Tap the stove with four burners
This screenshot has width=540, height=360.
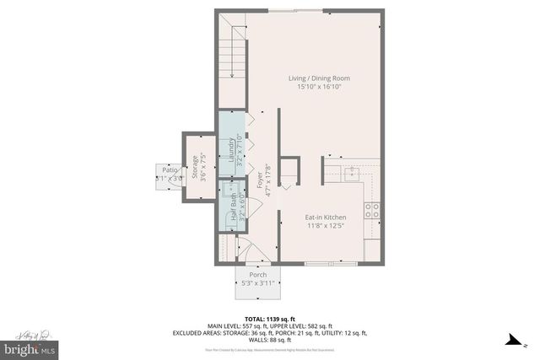click(373, 212)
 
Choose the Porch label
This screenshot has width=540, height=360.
click(258, 275)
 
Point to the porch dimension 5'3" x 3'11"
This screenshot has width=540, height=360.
click(258, 283)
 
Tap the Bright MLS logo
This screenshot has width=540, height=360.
click(29, 347)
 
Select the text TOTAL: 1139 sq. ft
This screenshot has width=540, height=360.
click(270, 318)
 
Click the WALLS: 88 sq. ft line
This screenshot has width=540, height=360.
click(270, 341)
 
